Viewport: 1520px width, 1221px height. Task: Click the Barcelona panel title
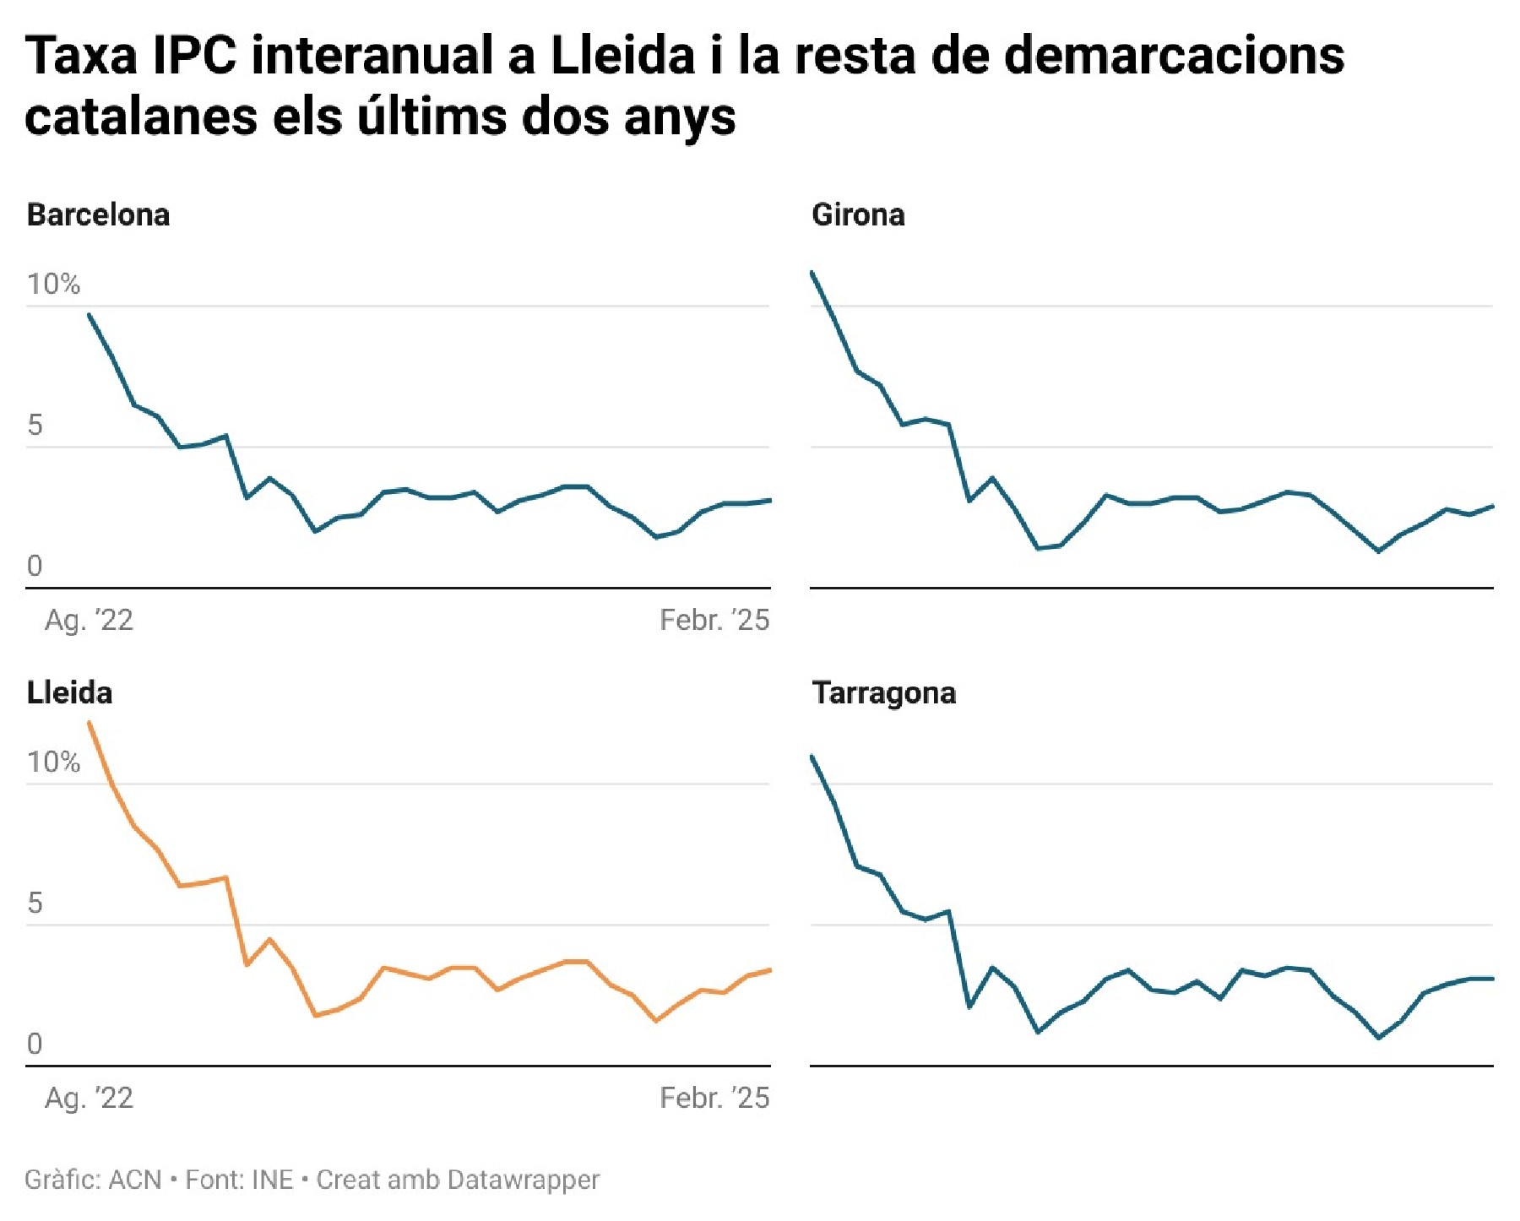coord(98,215)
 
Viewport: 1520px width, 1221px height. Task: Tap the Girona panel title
coord(858,215)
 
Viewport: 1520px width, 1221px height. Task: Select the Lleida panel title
coord(69,693)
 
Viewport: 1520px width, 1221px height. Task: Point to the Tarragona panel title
coord(883,693)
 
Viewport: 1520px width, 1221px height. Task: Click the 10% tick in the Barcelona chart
coord(53,285)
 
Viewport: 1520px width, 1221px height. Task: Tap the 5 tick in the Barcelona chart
coord(35,425)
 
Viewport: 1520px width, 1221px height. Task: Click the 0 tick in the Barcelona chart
coord(35,566)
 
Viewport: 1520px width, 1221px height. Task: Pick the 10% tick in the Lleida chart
coord(53,762)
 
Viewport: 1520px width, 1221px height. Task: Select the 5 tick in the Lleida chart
coord(35,904)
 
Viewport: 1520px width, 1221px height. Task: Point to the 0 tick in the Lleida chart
coord(35,1045)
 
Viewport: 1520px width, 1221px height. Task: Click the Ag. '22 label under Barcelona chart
coord(89,621)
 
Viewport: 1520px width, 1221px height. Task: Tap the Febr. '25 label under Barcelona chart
coord(714,621)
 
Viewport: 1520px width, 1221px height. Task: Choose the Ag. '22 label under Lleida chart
coord(89,1099)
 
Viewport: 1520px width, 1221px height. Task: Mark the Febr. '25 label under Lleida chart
coord(714,1099)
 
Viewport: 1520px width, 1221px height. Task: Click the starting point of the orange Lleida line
coord(90,724)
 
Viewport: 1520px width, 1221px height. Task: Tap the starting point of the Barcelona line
coord(90,315)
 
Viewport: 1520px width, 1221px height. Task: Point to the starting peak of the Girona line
coord(812,273)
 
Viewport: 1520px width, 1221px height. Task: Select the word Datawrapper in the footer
coord(523,1180)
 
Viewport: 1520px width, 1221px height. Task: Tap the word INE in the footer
coord(273,1180)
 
